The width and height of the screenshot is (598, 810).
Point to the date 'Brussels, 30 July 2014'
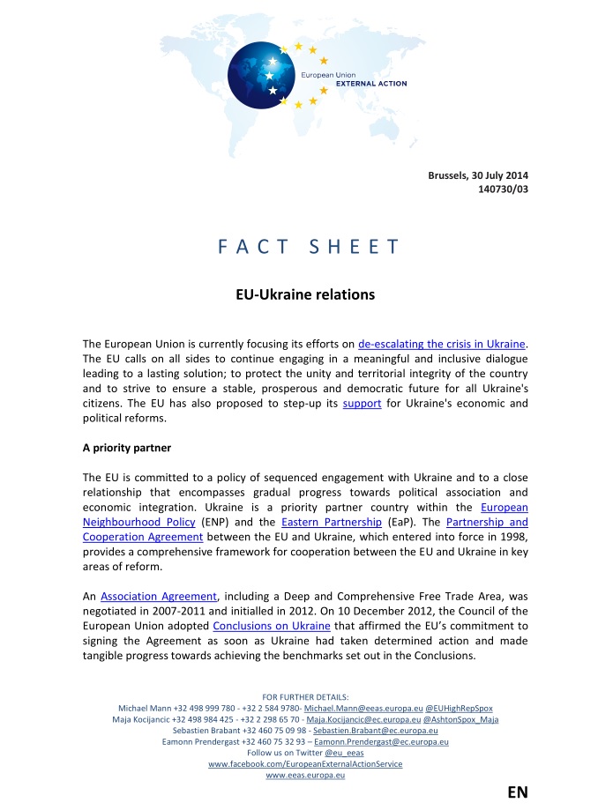pyautogui.click(x=478, y=175)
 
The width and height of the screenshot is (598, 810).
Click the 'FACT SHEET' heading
pyautogui.click(x=309, y=247)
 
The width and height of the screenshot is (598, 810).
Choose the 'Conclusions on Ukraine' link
pyautogui.click(x=272, y=627)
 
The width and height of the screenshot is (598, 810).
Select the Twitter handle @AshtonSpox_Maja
pyautogui.click(x=461, y=719)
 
